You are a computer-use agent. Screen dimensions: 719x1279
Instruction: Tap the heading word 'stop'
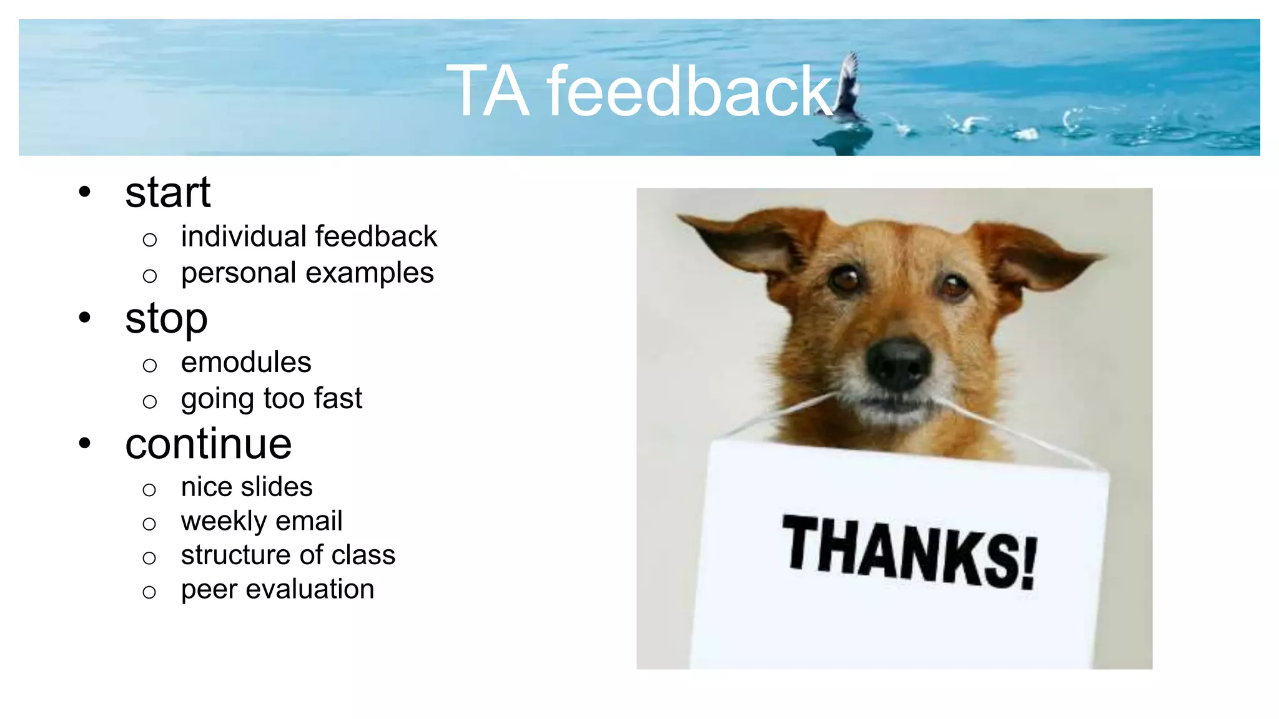coord(166,319)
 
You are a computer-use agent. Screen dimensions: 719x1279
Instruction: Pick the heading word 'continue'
coord(209,444)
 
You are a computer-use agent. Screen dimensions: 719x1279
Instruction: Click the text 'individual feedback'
coord(309,237)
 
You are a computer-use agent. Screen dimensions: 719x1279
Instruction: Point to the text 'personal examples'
coord(307,273)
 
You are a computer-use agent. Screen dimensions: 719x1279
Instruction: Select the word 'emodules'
coord(246,363)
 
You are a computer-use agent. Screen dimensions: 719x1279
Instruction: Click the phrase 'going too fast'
coord(272,399)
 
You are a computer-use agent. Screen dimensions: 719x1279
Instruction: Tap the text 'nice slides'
coord(247,487)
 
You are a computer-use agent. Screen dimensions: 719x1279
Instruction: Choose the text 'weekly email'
coord(262,521)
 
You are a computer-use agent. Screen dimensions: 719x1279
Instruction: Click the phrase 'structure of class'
coord(288,555)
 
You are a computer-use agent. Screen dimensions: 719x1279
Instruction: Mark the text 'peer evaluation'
coord(277,589)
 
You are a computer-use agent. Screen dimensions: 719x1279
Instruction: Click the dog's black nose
coord(898,363)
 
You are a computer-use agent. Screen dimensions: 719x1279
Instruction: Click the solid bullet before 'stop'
coord(85,318)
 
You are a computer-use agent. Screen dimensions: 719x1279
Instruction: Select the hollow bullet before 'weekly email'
coord(149,524)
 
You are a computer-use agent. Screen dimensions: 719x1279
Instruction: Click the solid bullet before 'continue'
coord(85,444)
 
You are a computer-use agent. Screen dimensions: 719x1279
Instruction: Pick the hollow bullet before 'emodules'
coord(149,365)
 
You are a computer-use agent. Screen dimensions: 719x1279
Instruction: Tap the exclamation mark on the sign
coord(1027,563)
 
